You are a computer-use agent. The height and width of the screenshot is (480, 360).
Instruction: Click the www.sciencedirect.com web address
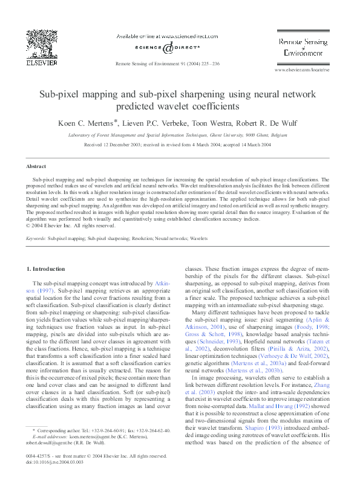click(180, 37)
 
